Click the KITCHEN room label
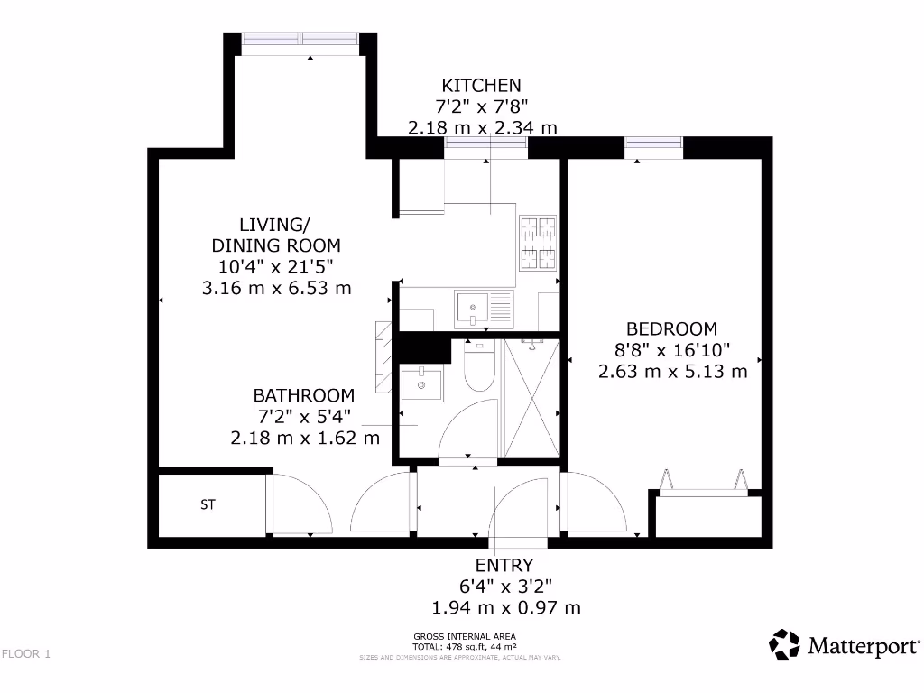click(x=482, y=86)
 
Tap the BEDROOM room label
click(x=672, y=329)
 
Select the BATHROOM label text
click(x=303, y=395)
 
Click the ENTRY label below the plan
click(x=504, y=566)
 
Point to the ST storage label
click(x=208, y=505)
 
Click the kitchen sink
click(x=473, y=308)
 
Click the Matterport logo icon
click(x=784, y=644)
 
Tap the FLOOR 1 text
click(x=26, y=654)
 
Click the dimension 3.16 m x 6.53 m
click(x=276, y=288)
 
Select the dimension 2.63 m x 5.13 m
click(x=672, y=371)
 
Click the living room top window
click(x=301, y=40)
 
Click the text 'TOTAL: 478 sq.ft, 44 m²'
click(x=464, y=647)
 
